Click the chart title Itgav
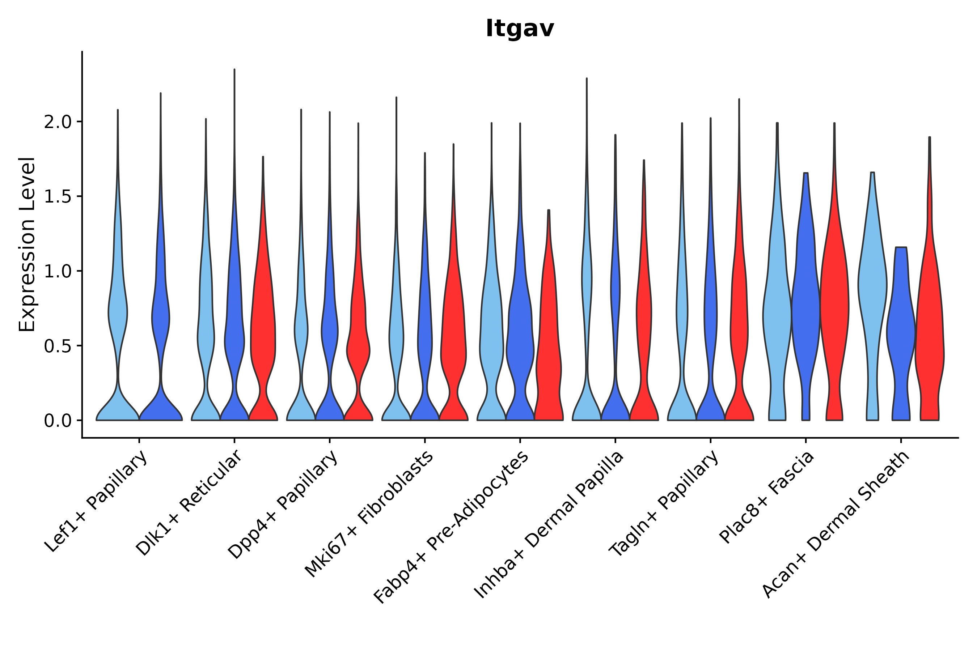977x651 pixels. [520, 29]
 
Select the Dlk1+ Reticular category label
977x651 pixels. [189, 503]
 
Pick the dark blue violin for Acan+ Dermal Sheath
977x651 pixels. [901, 332]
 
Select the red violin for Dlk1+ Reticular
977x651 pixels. [263, 332]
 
